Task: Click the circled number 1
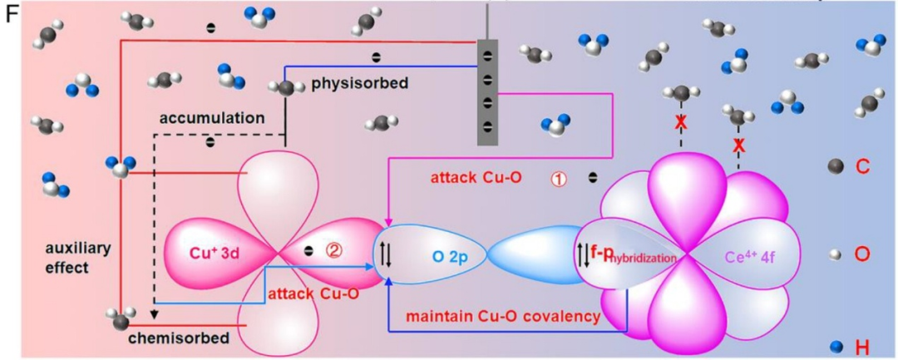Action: (x=558, y=178)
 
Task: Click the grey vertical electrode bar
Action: (x=487, y=91)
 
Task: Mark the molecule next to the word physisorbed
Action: (x=287, y=86)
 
